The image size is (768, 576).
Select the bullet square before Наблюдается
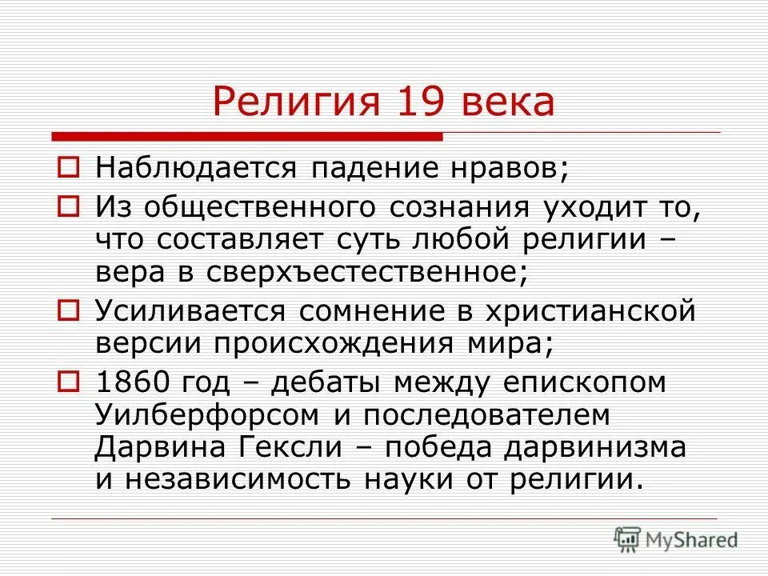point(70,169)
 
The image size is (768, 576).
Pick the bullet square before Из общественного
point(70,207)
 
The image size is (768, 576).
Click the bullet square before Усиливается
point(70,308)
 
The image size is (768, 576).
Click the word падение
point(373,169)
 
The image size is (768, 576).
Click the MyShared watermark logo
point(676,538)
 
